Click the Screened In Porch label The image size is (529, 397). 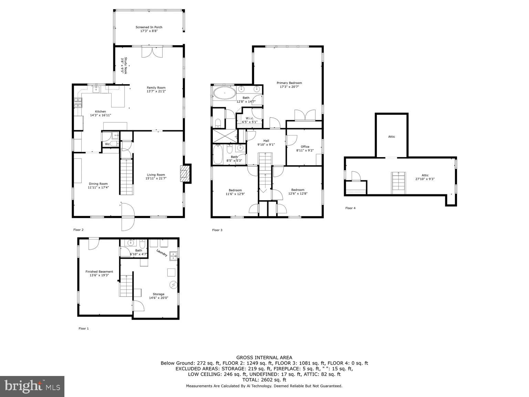point(149,27)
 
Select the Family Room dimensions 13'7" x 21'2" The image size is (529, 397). point(156,92)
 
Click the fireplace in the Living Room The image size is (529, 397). point(185,174)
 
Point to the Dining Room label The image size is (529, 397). point(98,184)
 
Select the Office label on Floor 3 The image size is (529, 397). point(305,146)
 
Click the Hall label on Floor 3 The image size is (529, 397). point(266,141)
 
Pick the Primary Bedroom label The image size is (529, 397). point(289,83)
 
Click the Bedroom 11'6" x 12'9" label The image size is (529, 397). point(235,190)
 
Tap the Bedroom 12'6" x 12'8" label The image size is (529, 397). point(298,190)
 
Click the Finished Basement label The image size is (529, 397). point(99,272)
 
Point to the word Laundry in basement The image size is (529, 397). point(162,253)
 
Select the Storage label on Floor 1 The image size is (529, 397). point(158,294)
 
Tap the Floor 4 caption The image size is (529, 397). point(350,208)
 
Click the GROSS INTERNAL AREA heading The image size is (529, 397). point(264,358)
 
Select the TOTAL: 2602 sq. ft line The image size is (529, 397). point(264,380)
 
